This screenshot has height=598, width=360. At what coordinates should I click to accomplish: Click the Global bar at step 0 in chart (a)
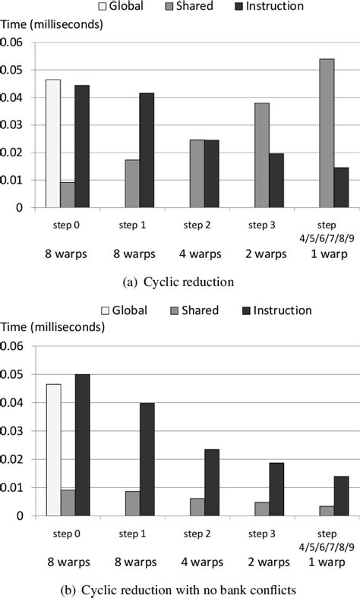[x=52, y=143]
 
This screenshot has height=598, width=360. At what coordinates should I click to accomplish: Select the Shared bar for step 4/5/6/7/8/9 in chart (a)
[x=326, y=133]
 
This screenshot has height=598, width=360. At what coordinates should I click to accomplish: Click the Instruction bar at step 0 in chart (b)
[x=83, y=445]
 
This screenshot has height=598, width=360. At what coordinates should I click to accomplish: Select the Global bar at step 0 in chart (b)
[x=53, y=450]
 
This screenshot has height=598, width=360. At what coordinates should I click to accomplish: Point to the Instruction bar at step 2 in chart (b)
[x=211, y=483]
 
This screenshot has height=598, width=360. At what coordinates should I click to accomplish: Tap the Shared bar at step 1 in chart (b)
[x=132, y=503]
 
